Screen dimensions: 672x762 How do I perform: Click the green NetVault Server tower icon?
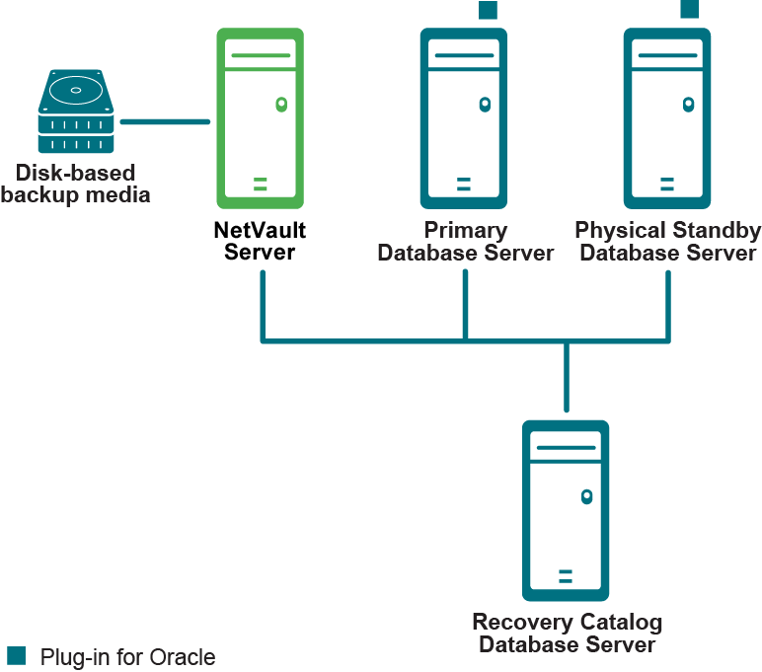(x=260, y=116)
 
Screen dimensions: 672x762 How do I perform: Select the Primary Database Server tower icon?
(x=464, y=116)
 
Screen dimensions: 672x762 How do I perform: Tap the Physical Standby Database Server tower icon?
(x=667, y=116)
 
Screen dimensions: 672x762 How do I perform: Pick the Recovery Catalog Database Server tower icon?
(x=566, y=510)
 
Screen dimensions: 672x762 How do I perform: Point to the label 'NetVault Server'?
(x=260, y=242)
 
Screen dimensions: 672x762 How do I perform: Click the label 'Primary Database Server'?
(x=465, y=242)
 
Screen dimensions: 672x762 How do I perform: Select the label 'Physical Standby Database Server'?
(x=668, y=242)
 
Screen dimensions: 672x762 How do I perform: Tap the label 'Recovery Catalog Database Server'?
(x=567, y=634)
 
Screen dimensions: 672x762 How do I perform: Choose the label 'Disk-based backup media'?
(x=75, y=184)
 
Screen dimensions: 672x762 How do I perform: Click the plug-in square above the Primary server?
(x=488, y=9)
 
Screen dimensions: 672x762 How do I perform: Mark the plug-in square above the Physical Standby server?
(x=690, y=9)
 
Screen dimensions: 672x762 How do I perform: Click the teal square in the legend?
(x=16, y=655)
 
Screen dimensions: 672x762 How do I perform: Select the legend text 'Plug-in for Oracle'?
(x=127, y=656)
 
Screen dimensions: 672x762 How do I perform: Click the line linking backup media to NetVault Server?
(x=165, y=122)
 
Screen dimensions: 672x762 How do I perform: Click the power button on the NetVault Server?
(x=281, y=103)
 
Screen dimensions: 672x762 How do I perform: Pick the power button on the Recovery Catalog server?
(x=587, y=496)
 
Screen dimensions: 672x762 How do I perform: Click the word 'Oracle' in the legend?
(x=187, y=656)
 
